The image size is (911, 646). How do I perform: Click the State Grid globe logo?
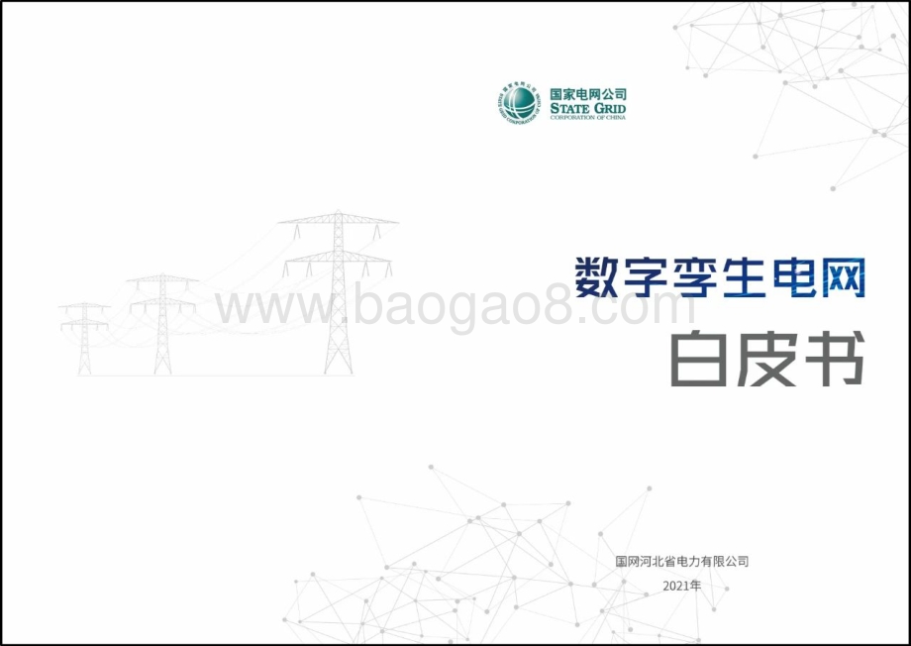[518, 103]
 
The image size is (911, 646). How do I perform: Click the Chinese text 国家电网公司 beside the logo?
[588, 94]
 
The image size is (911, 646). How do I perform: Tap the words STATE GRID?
[588, 109]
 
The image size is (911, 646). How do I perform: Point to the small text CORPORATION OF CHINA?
[588, 118]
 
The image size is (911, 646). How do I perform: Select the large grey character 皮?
[765, 358]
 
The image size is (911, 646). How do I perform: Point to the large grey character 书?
[835, 358]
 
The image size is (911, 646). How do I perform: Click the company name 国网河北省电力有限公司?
[682, 562]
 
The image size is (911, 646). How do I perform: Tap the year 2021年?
[682, 586]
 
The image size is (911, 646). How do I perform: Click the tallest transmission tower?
[338, 292]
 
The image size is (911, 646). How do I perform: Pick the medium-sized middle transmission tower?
[162, 324]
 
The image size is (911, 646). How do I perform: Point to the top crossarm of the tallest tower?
[338, 219]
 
